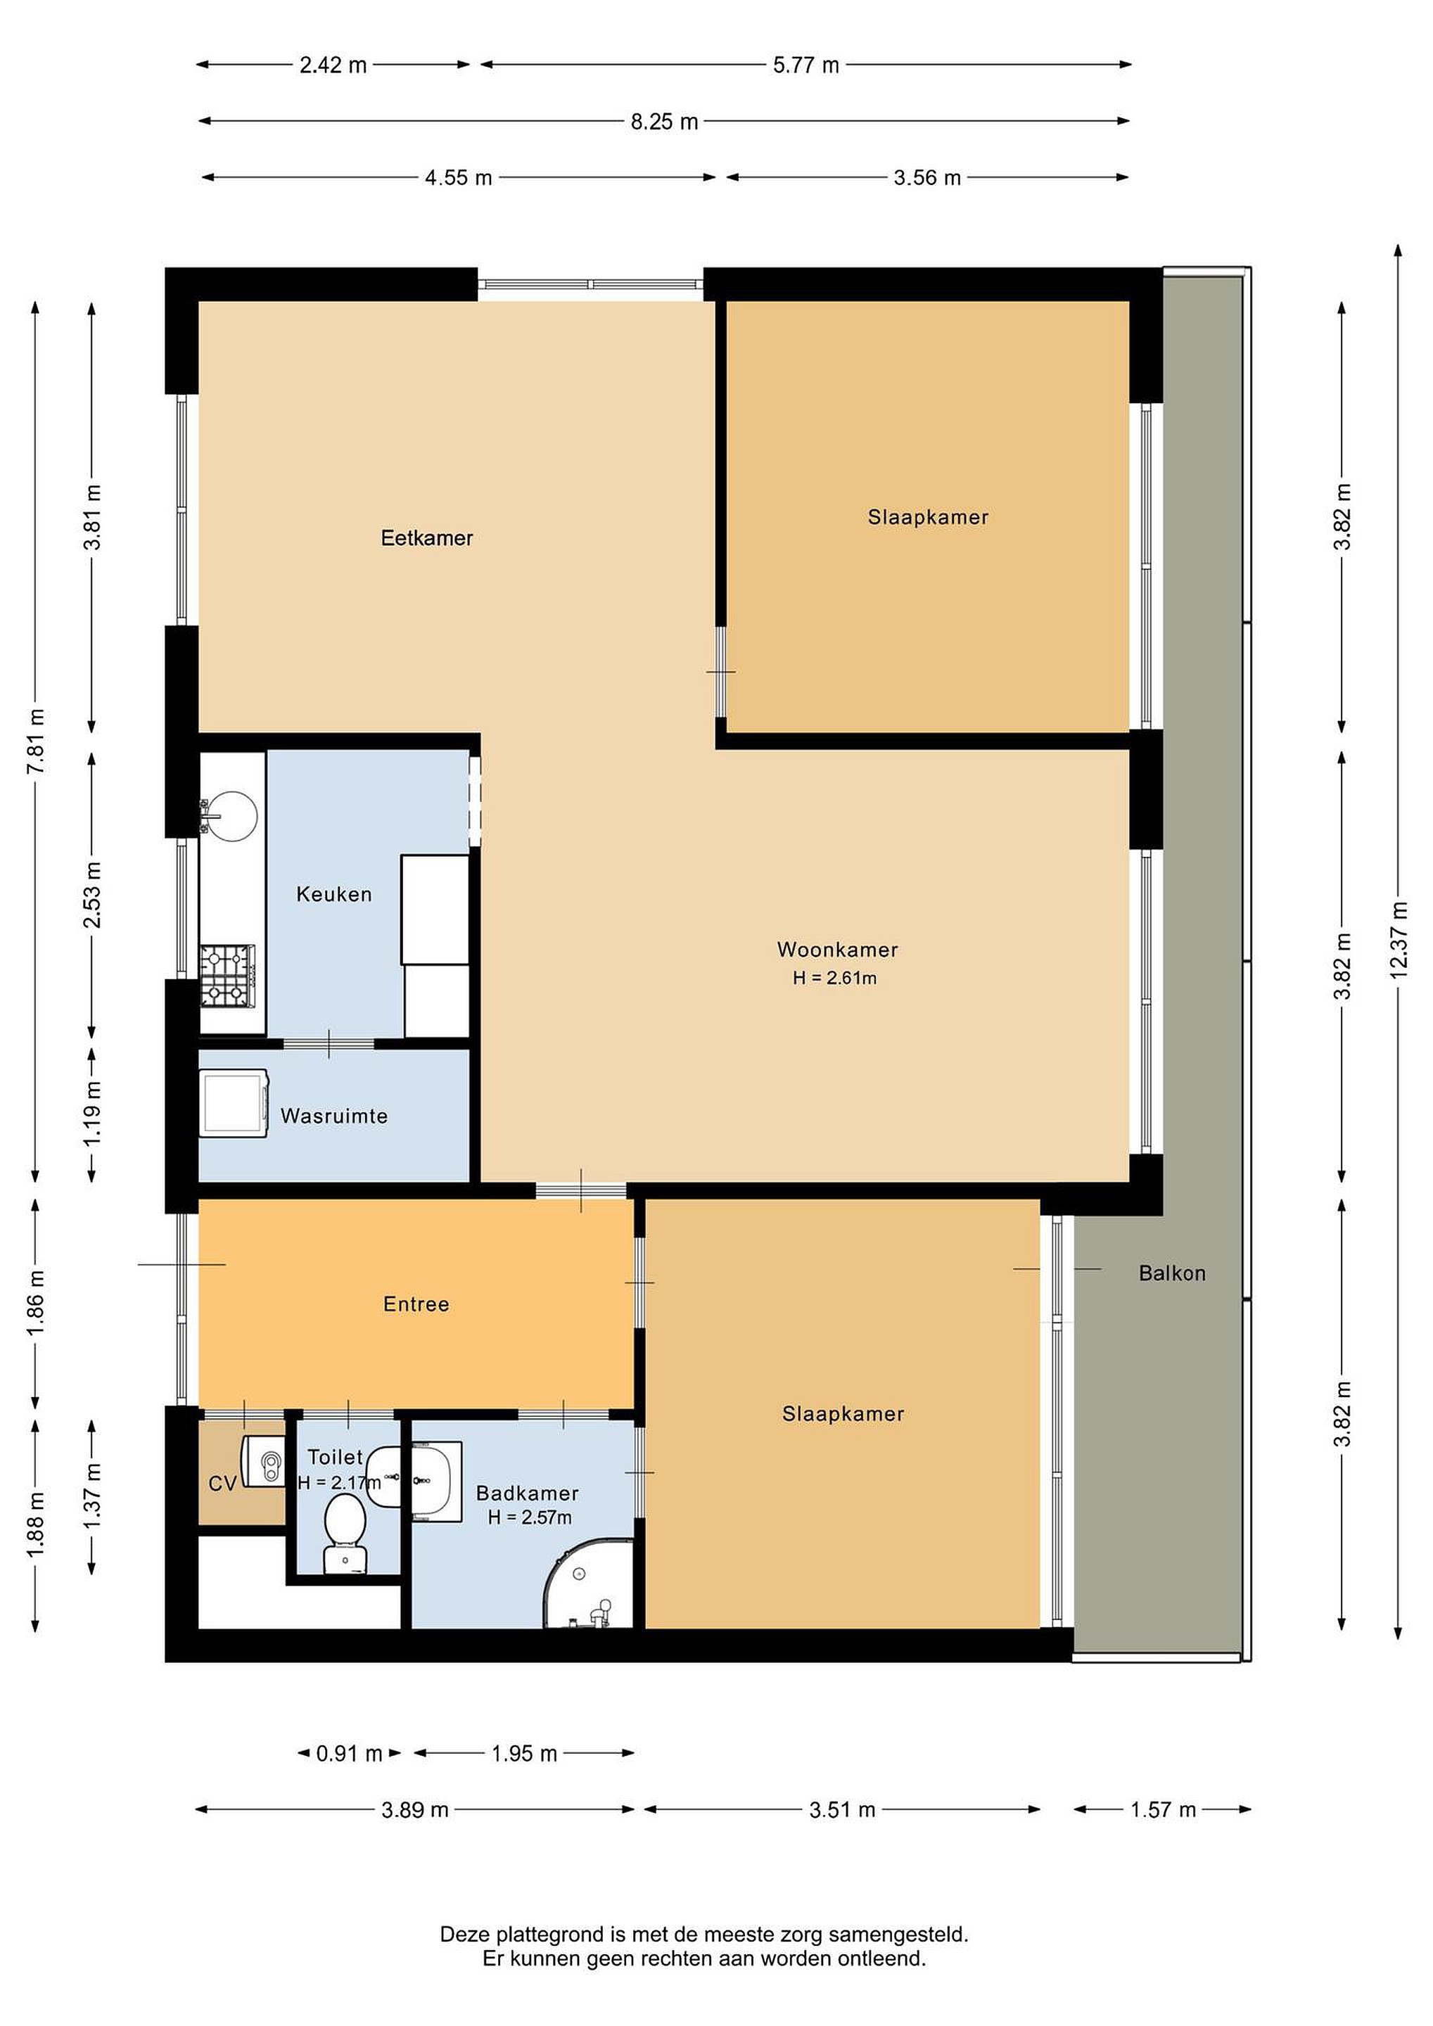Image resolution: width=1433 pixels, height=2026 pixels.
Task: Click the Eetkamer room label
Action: point(427,538)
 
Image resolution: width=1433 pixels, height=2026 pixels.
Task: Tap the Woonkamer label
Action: point(837,950)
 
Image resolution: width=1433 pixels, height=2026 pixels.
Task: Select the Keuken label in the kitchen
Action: point(333,895)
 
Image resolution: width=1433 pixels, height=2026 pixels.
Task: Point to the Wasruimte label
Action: point(334,1116)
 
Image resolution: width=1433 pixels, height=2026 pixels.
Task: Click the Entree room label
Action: point(416,1304)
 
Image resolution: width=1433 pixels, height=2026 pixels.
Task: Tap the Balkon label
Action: point(1172,1273)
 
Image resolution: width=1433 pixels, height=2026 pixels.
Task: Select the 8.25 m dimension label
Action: point(664,122)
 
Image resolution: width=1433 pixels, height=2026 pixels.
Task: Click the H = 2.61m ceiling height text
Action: point(835,978)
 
